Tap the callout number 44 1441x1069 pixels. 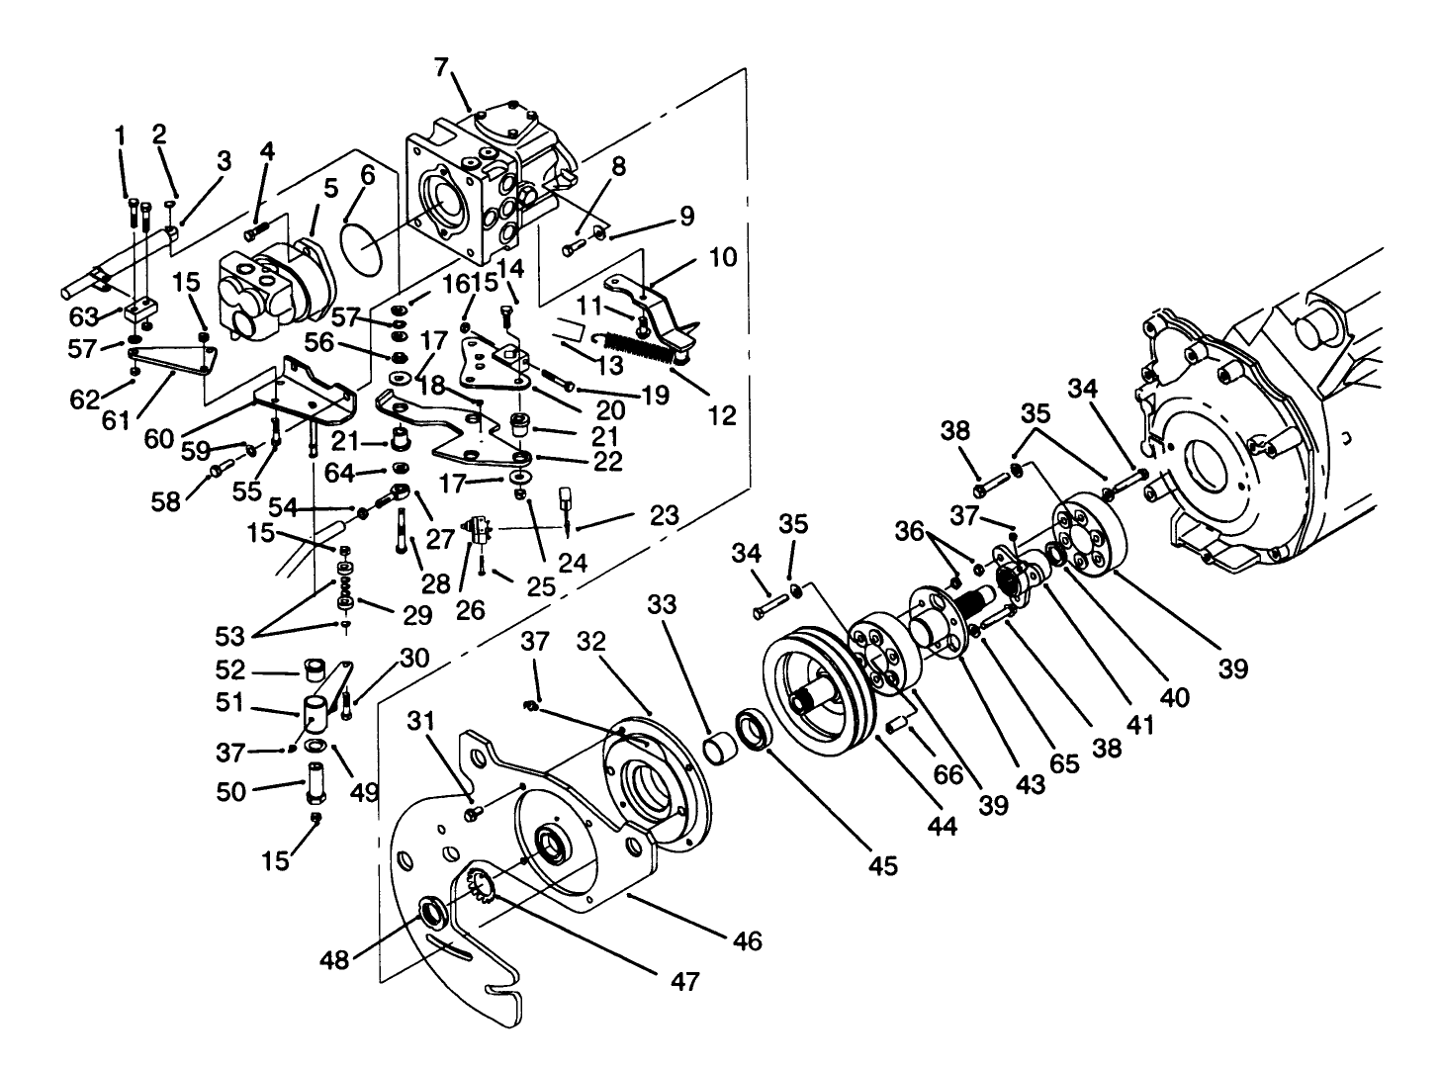click(x=943, y=826)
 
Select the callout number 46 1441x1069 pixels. click(x=748, y=940)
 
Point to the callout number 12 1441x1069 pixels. click(x=722, y=415)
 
